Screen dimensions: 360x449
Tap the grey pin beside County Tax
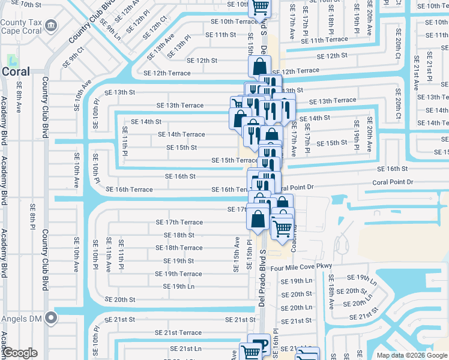click(x=52, y=26)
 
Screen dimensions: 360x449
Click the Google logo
click(x=20, y=353)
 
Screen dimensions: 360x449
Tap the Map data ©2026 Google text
click(x=412, y=355)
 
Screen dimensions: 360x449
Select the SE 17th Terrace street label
click(x=179, y=222)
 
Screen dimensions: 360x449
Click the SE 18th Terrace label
click(x=179, y=248)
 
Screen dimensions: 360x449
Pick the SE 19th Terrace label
click(x=178, y=274)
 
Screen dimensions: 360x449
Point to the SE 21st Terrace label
click(x=178, y=332)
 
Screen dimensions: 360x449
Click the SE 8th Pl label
click(x=33, y=217)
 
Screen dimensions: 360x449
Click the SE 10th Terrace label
click(x=231, y=22)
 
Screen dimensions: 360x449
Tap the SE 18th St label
click(x=179, y=235)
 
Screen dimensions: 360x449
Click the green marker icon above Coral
click(x=11, y=60)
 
